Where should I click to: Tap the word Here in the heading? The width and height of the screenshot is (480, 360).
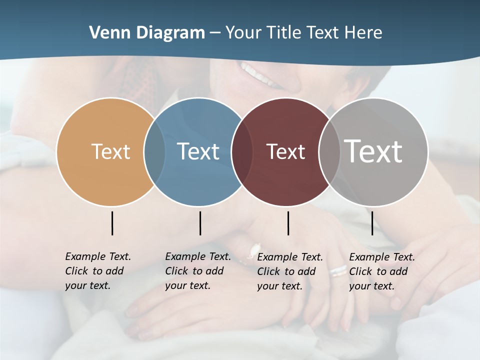(x=363, y=33)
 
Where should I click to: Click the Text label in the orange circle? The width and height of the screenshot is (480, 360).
(x=110, y=151)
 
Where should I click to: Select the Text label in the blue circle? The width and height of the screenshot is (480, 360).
(x=198, y=151)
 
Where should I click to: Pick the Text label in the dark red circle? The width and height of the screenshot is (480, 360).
(x=285, y=151)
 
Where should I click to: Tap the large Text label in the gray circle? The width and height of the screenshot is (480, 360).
(x=373, y=151)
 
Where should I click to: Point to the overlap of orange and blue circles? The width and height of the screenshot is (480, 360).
(x=154, y=151)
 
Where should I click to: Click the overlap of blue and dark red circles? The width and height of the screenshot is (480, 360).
(x=242, y=151)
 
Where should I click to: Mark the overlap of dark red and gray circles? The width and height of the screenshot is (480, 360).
(x=329, y=151)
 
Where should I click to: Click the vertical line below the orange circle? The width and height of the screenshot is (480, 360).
(x=112, y=223)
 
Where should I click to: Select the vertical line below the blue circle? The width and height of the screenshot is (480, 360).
(x=200, y=223)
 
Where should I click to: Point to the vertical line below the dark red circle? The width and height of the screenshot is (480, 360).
(x=288, y=223)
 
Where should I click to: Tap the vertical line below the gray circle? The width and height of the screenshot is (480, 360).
(x=372, y=223)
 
